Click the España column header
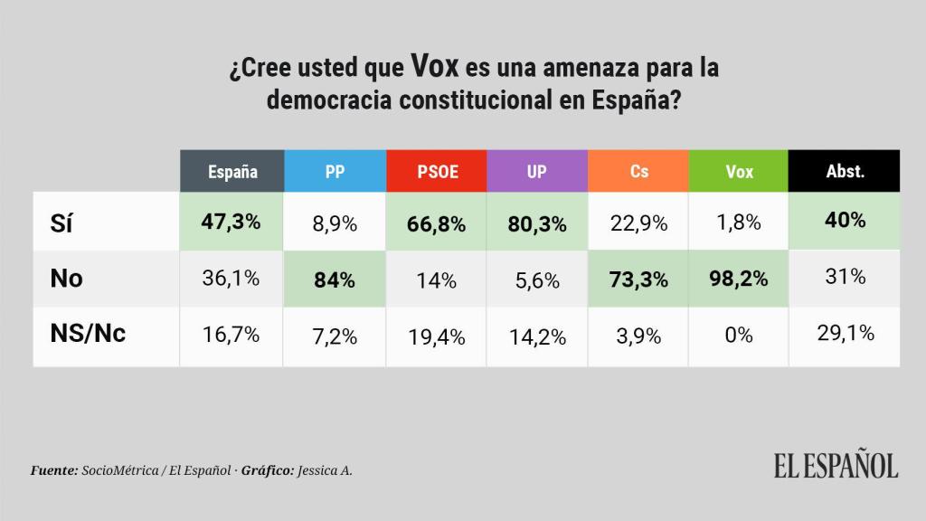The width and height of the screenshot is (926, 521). pyautogui.click(x=231, y=171)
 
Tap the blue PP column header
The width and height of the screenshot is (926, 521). pyautogui.click(x=335, y=171)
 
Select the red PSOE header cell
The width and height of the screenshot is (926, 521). pyautogui.click(x=436, y=171)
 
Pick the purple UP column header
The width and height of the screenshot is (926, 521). pyautogui.click(x=537, y=171)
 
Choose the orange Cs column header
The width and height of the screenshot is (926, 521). pyautogui.click(x=638, y=171)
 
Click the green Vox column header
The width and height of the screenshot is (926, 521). pyautogui.click(x=739, y=171)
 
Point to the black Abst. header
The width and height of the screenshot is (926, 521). pyautogui.click(x=845, y=171)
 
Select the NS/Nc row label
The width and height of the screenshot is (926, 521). pyautogui.click(x=87, y=334)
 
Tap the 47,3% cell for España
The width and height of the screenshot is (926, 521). pyautogui.click(x=231, y=223)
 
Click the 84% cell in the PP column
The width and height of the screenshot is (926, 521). pyautogui.click(x=335, y=279)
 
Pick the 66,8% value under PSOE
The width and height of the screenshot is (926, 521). pyautogui.click(x=436, y=224)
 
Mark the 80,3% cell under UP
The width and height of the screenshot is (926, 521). pyautogui.click(x=537, y=224)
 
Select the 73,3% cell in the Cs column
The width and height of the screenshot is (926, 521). pyautogui.click(x=638, y=279)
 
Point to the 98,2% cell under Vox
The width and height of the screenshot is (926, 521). pyautogui.click(x=739, y=279)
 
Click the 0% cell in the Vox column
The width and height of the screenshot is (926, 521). pyautogui.click(x=739, y=335)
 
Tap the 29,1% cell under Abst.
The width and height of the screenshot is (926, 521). pyautogui.click(x=845, y=334)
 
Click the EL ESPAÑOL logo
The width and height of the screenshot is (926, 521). pyautogui.click(x=836, y=465)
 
